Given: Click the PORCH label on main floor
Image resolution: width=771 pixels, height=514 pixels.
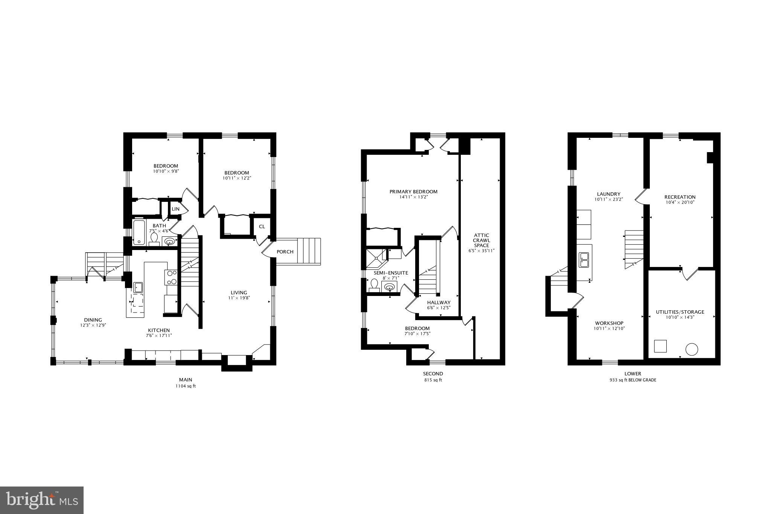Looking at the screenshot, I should [285, 252].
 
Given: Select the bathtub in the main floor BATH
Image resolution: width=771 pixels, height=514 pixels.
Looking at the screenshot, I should [139, 232].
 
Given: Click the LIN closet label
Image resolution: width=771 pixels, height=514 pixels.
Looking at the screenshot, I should [175, 209].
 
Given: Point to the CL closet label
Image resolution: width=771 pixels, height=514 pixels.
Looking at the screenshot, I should [262, 227].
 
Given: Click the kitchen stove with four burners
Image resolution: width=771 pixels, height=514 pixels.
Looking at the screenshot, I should [171, 277].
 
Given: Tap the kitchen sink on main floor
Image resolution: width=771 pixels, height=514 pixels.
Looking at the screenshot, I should [138, 287].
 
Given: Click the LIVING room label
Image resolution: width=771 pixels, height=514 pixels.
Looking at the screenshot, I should [239, 293].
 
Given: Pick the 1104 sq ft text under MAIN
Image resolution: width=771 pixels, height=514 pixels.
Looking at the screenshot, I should [185, 386].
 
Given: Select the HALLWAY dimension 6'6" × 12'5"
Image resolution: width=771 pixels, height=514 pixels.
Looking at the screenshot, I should [439, 308].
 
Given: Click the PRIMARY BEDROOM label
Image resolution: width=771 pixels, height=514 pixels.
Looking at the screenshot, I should [413, 192].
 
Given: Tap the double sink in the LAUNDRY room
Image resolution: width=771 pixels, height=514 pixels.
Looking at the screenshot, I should [584, 259].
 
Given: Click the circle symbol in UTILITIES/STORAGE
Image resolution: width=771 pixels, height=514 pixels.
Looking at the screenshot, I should [692, 349].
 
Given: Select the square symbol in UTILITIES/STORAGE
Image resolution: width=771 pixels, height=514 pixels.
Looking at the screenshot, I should [660, 346].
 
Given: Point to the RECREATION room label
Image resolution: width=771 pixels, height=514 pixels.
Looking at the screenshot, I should [680, 197].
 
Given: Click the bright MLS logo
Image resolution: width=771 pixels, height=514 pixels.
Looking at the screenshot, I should [42, 500].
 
